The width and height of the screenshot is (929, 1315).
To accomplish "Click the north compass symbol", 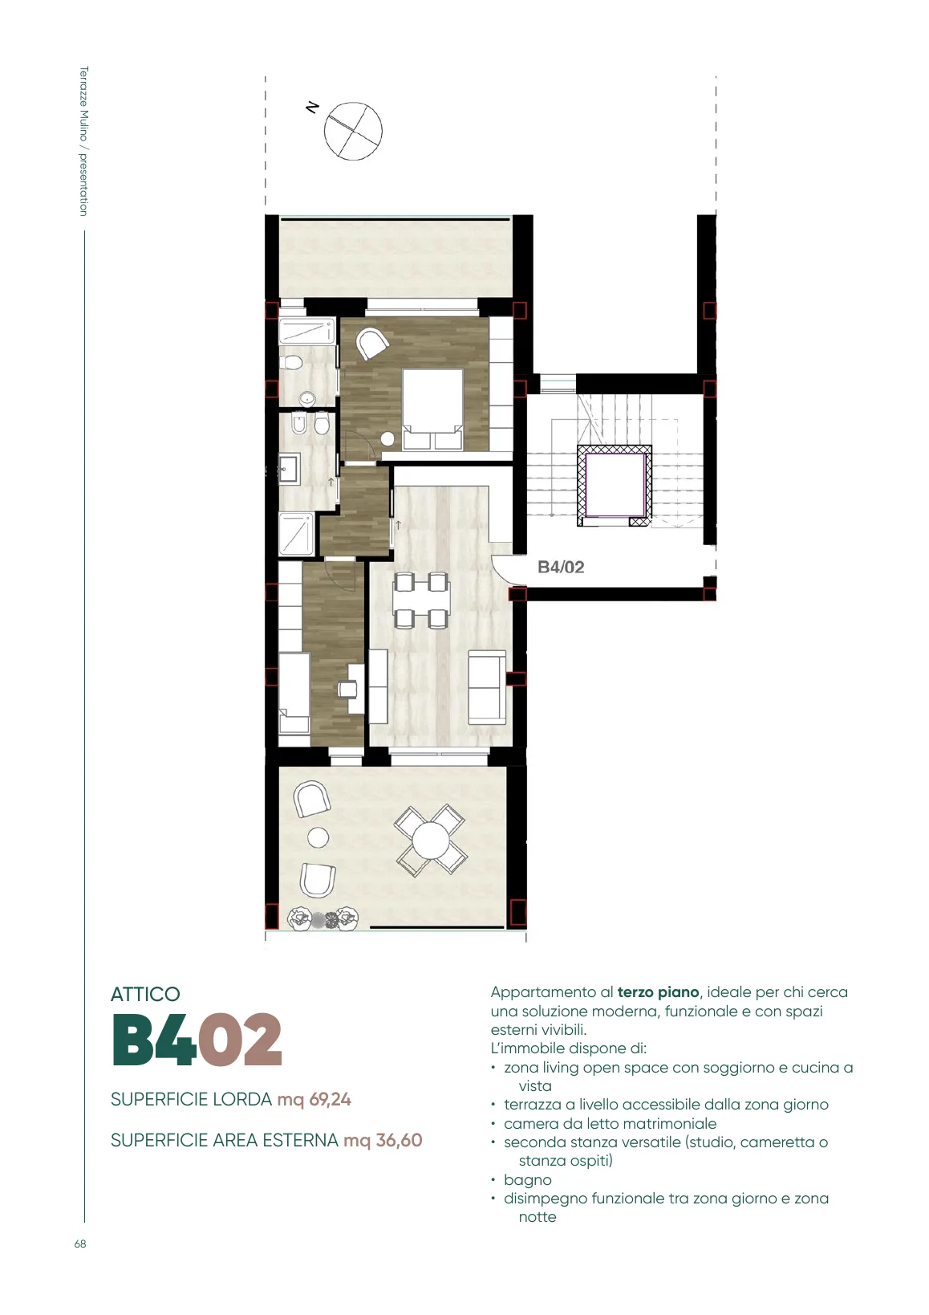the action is click(353, 130).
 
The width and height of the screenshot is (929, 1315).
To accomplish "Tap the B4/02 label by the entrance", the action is click(562, 567).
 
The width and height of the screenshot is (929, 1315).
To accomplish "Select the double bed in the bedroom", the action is click(433, 409).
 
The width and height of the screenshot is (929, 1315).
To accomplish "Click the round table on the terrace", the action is click(431, 840).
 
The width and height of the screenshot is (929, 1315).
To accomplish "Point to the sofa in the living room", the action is click(487, 688).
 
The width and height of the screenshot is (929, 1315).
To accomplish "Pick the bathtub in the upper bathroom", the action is click(306, 332).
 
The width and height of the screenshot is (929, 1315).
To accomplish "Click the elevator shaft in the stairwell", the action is click(615, 486).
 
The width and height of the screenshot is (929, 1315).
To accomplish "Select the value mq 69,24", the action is click(314, 1100).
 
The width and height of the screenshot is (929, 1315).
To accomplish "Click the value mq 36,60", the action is click(383, 1141).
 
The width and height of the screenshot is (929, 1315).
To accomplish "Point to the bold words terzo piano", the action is click(658, 993).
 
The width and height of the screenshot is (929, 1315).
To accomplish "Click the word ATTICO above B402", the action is click(145, 995).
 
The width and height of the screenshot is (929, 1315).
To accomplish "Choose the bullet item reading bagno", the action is click(527, 1180).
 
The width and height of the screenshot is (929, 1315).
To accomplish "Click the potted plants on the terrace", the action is click(323, 918).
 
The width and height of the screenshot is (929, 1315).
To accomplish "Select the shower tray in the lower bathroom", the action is click(297, 533).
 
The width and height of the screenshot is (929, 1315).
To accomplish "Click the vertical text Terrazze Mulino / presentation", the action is click(83, 141).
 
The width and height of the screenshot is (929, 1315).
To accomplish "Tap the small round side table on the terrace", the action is click(318, 837).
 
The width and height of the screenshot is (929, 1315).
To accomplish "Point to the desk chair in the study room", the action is click(346, 688).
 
